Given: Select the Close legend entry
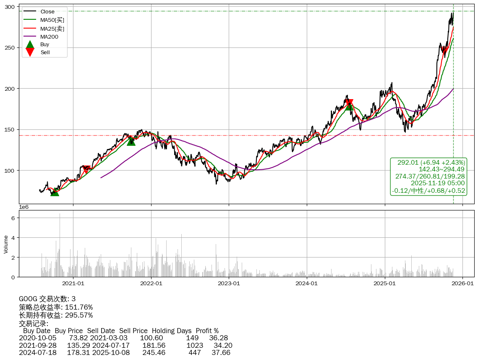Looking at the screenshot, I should click(x=47, y=12).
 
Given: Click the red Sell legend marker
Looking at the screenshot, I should click(x=30, y=52).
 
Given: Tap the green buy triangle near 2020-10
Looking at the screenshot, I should click(x=55, y=192).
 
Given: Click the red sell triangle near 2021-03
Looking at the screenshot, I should click(x=86, y=169).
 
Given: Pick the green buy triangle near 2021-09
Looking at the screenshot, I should click(x=131, y=142).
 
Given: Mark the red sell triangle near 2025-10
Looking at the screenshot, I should click(x=445, y=51).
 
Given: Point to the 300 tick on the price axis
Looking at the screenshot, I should click(x=10, y=7).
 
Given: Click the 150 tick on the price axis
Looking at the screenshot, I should click(x=10, y=130).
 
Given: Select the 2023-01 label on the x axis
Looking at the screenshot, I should click(x=229, y=284).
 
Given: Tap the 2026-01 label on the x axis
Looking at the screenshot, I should click(x=462, y=284).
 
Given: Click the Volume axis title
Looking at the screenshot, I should click(x=6, y=244).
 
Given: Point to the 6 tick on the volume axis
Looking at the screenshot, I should click(x=13, y=218).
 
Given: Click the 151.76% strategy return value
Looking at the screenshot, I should click(x=79, y=307).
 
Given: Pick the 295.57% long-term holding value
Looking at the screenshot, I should click(x=79, y=315).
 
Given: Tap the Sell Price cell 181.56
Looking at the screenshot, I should click(x=154, y=345).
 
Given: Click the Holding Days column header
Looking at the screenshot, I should click(x=172, y=331).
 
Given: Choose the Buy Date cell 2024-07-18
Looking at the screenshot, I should click(x=38, y=352).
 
